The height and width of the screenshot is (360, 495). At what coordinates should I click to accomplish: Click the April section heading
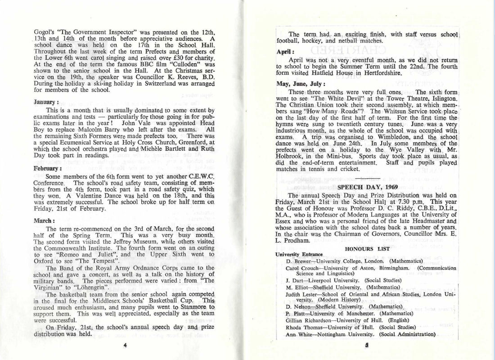(285, 51)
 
